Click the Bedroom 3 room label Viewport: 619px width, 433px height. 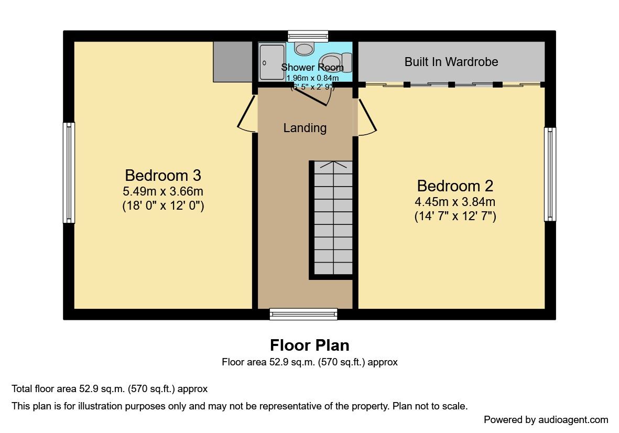point(163,175)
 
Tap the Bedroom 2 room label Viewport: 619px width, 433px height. point(455,186)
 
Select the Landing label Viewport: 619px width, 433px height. point(305,128)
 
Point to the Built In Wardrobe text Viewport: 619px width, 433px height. point(451,61)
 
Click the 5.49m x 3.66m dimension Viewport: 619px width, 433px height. point(163,191)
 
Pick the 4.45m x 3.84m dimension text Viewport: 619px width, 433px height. point(455,202)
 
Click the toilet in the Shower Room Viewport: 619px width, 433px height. point(336,62)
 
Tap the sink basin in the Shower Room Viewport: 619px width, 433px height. point(304,49)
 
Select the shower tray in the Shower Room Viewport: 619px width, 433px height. point(272,61)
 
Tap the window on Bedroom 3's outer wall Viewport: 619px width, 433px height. point(69,172)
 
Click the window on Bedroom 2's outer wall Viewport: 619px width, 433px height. point(550,174)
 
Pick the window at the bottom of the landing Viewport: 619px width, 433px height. point(303,314)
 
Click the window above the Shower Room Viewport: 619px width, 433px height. point(308,36)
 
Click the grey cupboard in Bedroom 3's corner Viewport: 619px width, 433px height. point(233,61)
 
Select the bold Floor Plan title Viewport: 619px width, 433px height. point(309,345)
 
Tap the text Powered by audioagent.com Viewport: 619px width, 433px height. point(546,419)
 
